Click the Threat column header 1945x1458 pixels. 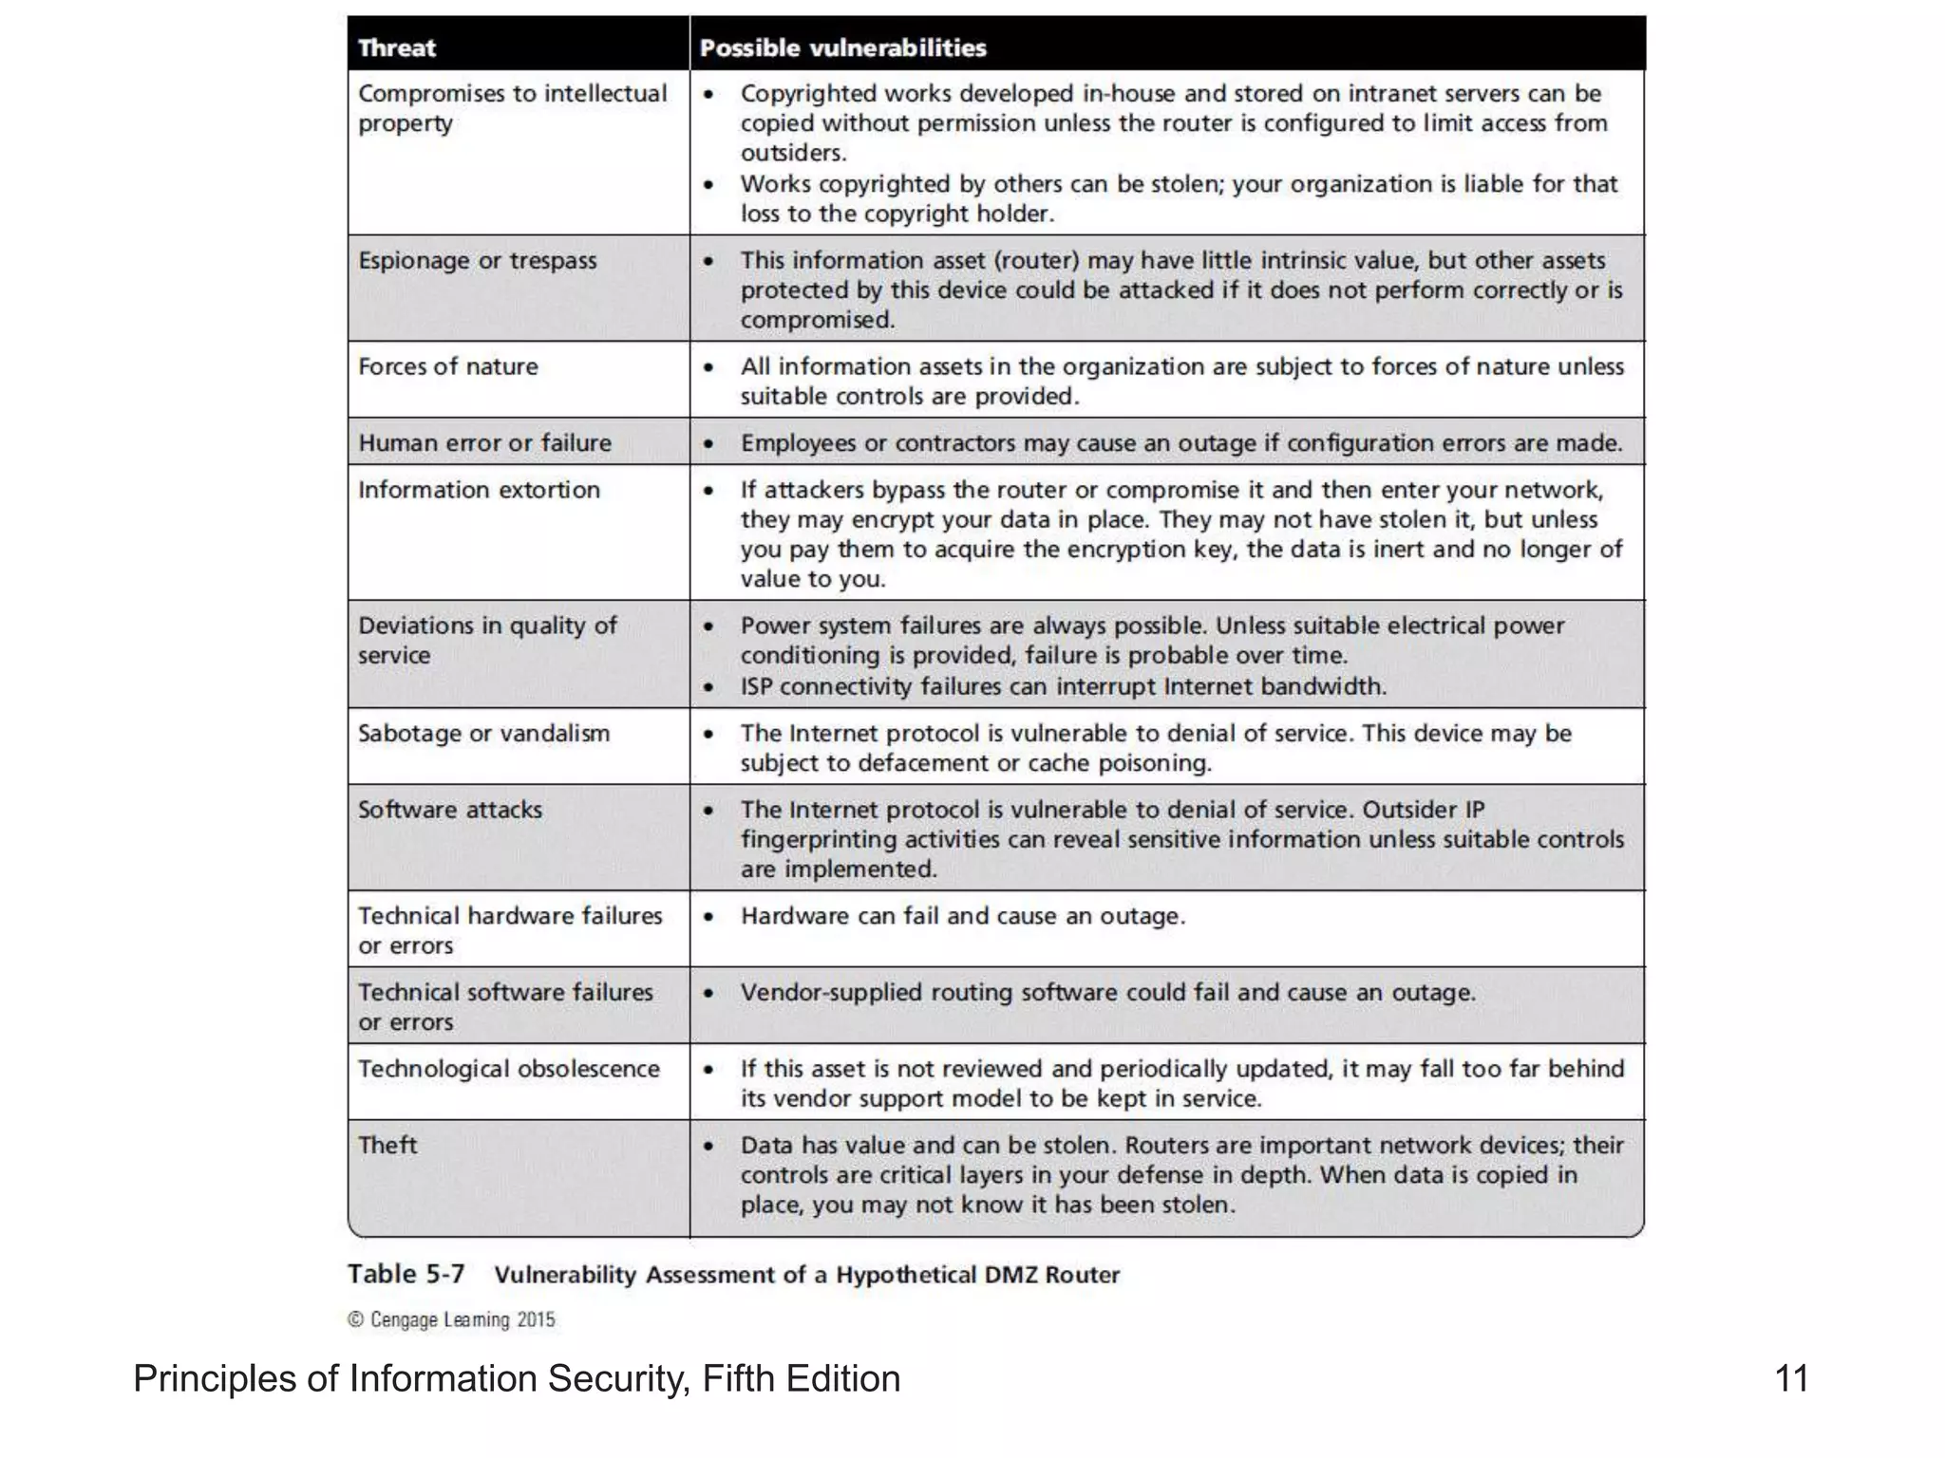tap(396, 47)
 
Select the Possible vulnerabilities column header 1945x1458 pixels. tap(842, 47)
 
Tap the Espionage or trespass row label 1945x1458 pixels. tap(477, 261)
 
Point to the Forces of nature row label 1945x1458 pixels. tap(447, 366)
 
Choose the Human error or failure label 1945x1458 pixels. tap(484, 443)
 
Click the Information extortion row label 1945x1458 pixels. tap(479, 490)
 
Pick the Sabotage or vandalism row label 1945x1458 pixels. tap(483, 734)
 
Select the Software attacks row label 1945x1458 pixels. tap(449, 810)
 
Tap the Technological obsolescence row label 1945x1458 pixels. tap(508, 1069)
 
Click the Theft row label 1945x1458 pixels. tap(387, 1145)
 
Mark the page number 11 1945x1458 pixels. tap(1791, 1378)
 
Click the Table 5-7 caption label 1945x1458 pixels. tap(406, 1274)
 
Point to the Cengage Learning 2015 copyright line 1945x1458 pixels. tap(451, 1319)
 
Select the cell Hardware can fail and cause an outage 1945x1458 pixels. tap(962, 916)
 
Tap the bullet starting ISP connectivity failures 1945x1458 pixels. tap(1063, 686)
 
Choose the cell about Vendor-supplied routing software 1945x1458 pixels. tap(1107, 993)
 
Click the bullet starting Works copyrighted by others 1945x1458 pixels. tap(1178, 198)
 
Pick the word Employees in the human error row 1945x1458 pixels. tap(798, 443)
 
